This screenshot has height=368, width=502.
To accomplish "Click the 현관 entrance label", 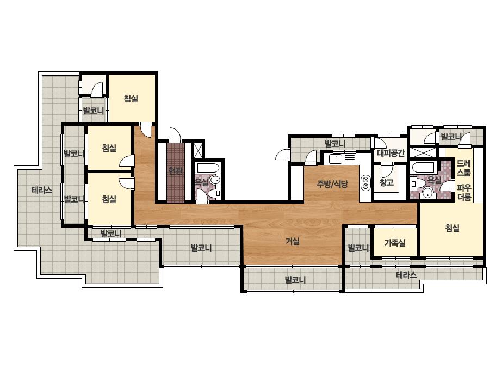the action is point(176,171).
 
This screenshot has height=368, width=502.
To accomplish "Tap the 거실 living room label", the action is point(293,241).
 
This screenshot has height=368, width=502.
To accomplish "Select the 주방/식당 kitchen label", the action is point(332,183).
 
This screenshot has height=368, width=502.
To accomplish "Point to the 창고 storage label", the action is point(386,182).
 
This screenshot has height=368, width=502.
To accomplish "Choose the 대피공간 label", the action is point(391,153).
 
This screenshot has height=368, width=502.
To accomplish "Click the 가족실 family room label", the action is point(395,243).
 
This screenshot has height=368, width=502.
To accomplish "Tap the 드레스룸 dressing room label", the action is point(464,168).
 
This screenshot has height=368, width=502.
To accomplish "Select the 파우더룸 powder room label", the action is point(464,192).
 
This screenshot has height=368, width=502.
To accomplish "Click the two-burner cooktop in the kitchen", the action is point(365,182).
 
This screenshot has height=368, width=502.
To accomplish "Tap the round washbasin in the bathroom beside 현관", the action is point(216,181).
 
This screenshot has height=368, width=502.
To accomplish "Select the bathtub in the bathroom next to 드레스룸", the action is point(423,167).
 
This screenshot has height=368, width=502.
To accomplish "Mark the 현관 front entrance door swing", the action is point(175,134).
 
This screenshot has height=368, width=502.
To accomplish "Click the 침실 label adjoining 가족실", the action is point(453,228).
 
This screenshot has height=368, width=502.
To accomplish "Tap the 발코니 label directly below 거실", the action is point(295,280).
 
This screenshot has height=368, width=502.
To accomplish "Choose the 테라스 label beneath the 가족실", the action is point(406,275).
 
